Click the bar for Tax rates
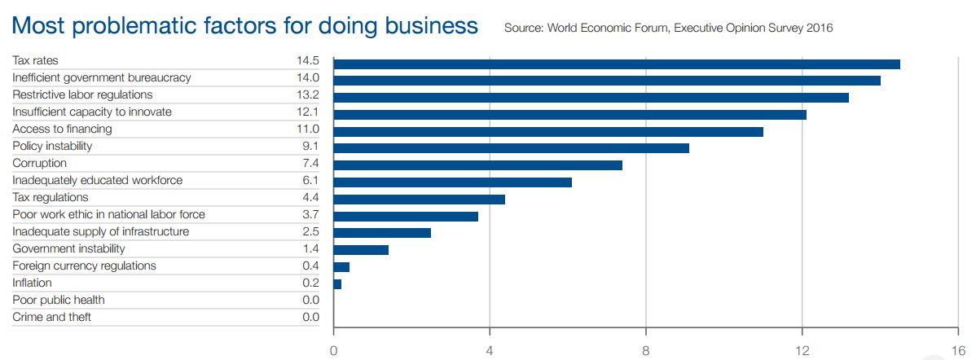[x=617, y=64]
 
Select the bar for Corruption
[x=478, y=165]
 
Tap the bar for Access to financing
[x=548, y=131]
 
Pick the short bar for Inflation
[x=337, y=283]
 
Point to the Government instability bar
[x=361, y=249]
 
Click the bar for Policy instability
[x=512, y=148]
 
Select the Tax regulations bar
[x=420, y=199]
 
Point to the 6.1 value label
[x=310, y=180]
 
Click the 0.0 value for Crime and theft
[x=310, y=317]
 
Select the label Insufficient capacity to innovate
[x=92, y=112]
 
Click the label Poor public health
[x=59, y=300]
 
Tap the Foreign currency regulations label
[x=84, y=266]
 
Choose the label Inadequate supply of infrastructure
[x=100, y=232]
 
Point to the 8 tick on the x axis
[x=646, y=352]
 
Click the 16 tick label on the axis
[x=958, y=352]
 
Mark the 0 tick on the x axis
[x=334, y=352]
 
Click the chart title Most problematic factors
[x=245, y=26]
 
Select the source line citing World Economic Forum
[x=668, y=29]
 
